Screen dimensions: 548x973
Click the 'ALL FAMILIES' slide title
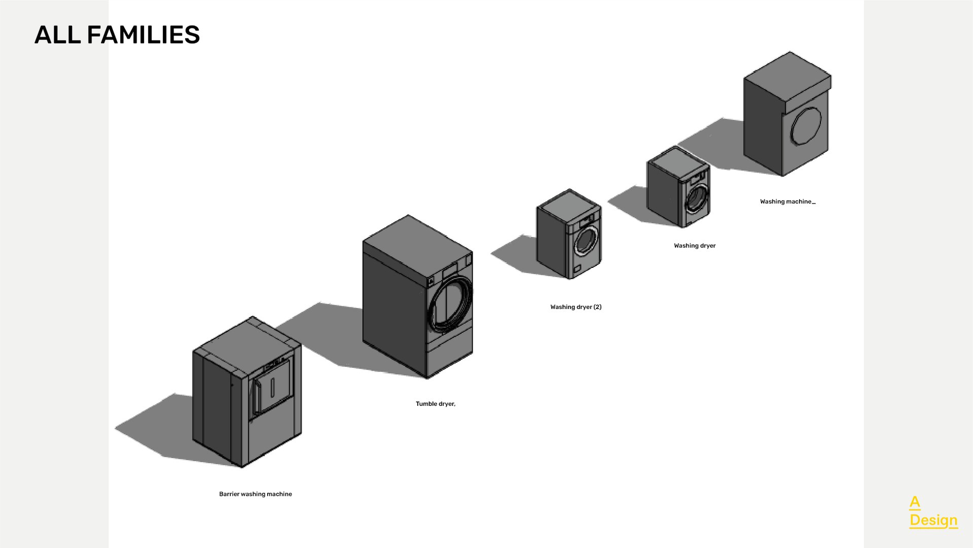coord(117,35)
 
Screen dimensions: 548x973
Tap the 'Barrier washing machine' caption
coord(255,494)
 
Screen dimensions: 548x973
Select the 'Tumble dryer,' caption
coord(435,404)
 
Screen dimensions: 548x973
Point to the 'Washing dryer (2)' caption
coord(575,307)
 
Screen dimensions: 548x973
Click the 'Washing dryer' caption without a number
coord(694,246)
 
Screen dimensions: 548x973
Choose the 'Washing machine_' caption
coord(787,201)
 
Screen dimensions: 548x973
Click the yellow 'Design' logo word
coord(933,520)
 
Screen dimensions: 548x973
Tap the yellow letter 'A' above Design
coord(914,502)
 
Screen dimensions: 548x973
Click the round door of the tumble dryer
coord(449,304)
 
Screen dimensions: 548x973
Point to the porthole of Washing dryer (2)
coord(586,241)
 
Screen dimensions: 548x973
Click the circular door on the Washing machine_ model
coord(806,125)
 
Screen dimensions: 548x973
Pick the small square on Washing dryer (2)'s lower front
coord(578,268)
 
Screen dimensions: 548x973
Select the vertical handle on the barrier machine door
coord(273,387)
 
